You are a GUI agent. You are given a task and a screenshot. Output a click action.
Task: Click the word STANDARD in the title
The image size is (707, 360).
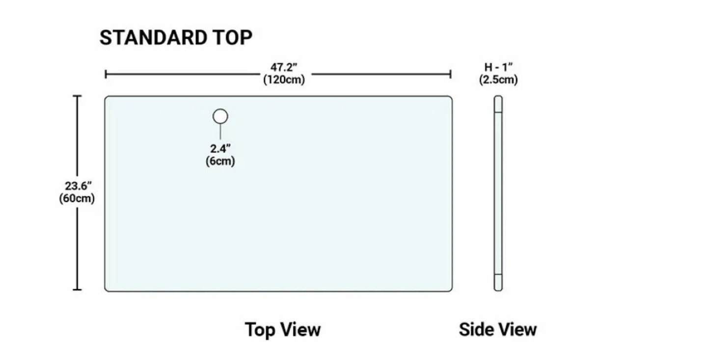153,38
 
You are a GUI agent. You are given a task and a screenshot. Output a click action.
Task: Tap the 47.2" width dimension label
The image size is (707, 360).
284,67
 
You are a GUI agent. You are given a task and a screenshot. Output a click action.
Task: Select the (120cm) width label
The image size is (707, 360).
284,80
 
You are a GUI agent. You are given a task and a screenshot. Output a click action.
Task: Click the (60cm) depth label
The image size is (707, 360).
77,198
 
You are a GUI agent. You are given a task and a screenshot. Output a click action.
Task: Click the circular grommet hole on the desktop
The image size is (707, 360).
220,116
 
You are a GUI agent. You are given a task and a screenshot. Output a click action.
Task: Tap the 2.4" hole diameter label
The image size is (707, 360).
220,148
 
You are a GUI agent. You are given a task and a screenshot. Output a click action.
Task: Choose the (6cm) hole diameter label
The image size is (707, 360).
220,161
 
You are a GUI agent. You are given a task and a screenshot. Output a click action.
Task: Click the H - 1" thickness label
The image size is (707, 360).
498,67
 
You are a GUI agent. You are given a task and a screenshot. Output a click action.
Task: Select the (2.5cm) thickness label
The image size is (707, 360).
498,80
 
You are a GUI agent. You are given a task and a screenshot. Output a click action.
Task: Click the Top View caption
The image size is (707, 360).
283,330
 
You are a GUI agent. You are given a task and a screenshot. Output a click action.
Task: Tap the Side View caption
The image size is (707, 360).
498,330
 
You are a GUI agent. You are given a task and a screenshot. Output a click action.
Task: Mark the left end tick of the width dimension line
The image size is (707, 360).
106,75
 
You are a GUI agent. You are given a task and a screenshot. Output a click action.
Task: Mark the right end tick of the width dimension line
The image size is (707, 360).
450,75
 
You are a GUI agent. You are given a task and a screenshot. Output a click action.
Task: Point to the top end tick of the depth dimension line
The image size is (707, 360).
78,96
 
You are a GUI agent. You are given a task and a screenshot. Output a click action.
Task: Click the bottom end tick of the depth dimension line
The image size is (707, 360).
78,289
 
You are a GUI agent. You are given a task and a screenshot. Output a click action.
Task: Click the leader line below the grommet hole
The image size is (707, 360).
220,131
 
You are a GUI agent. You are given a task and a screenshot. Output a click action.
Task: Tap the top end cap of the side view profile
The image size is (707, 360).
498,104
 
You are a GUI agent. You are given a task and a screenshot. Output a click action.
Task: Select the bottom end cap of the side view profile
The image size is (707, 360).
498,282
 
